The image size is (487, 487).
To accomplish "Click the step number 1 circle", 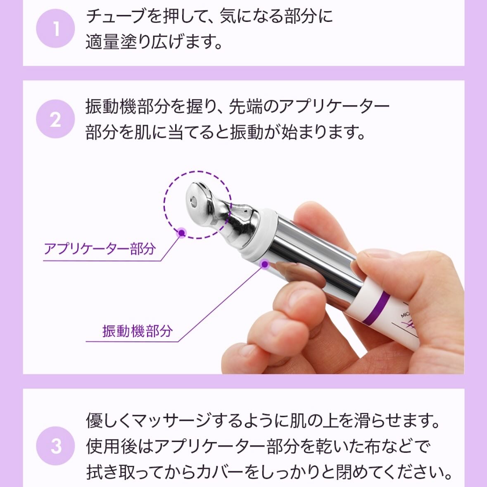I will [55, 29].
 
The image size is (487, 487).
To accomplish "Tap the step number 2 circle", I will [55, 119].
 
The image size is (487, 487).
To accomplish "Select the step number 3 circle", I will [55, 446].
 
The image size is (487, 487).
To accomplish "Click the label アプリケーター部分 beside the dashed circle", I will [100, 249].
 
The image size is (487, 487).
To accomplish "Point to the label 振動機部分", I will [137, 331].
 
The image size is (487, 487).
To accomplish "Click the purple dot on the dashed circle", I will [181, 233].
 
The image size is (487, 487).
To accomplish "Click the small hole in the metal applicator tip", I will [193, 202].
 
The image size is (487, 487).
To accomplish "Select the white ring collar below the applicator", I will [260, 235].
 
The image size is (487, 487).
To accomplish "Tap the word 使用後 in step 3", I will [111, 446].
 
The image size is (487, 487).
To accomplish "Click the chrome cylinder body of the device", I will [314, 256].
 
